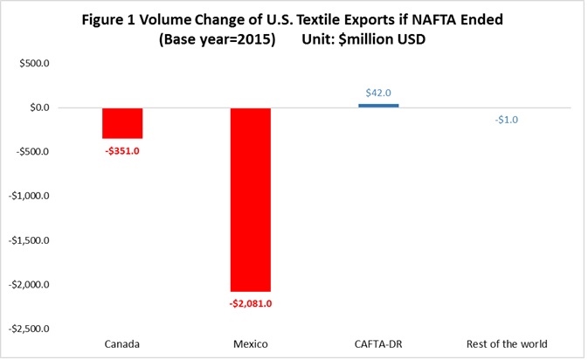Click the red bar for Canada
(122, 123)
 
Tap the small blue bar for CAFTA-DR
(378, 106)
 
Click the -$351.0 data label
(122, 149)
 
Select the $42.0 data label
(378, 93)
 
